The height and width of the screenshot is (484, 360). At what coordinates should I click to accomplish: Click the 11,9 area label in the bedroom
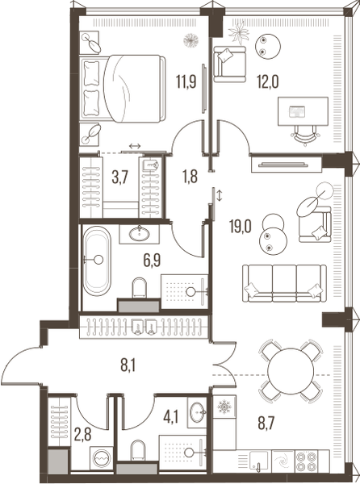click(186, 82)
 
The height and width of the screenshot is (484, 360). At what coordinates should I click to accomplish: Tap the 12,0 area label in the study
click(268, 82)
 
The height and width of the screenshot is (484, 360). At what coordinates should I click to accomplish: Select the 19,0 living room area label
click(241, 227)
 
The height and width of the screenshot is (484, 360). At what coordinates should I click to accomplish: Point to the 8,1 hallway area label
click(128, 366)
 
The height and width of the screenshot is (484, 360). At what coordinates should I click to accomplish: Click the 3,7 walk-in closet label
click(119, 178)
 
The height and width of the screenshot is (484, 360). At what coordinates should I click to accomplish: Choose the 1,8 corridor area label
click(190, 177)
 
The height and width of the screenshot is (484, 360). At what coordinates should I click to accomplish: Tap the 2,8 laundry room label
click(83, 435)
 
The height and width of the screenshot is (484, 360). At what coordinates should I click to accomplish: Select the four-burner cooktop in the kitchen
click(306, 461)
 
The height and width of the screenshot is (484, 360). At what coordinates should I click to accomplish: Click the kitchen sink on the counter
click(259, 461)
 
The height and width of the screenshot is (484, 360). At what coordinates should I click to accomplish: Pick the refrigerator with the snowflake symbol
click(224, 407)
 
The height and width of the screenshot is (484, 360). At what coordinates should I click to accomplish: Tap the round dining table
click(291, 371)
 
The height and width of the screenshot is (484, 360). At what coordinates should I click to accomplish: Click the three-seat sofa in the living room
click(284, 283)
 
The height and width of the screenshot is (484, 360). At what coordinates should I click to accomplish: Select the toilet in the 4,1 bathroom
click(137, 450)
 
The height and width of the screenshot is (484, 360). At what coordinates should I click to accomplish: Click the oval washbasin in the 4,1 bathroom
click(198, 412)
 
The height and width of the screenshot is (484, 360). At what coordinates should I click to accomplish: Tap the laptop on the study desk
click(297, 111)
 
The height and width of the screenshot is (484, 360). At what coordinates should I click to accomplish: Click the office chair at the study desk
click(305, 135)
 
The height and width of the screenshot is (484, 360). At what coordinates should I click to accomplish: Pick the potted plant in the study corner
click(238, 31)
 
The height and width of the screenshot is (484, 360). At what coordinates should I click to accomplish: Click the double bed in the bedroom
click(123, 89)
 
